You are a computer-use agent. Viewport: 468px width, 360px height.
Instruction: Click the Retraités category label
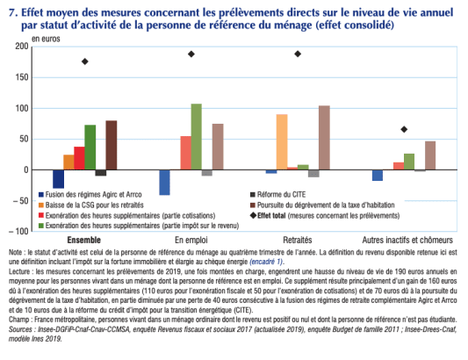[x=299, y=240]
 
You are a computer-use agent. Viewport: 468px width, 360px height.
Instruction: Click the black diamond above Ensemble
[x=85, y=61]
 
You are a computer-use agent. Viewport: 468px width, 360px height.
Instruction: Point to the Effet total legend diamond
[x=256, y=215]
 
